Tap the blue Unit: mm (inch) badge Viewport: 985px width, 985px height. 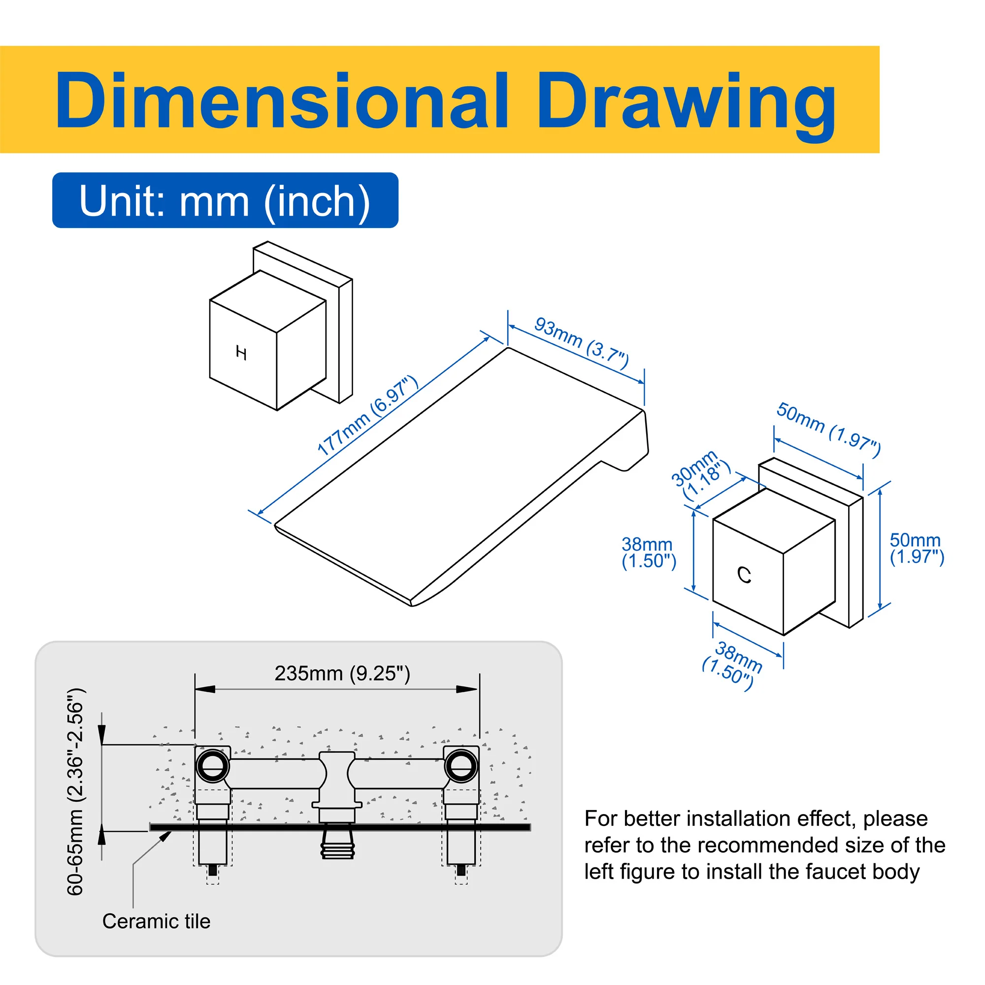click(226, 200)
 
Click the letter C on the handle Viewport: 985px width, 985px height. click(744, 575)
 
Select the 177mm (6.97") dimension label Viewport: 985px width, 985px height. click(367, 415)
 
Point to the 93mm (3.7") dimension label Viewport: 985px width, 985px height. click(582, 343)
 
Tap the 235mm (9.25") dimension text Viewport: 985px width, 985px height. click(342, 673)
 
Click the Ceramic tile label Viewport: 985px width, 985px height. click(156, 921)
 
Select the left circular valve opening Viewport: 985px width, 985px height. click(213, 766)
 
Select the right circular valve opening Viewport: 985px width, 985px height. click(461, 766)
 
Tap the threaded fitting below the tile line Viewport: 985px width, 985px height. click(337, 846)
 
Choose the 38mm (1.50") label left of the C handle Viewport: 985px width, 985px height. click(649, 553)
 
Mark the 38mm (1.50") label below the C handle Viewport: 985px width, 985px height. click(733, 665)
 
